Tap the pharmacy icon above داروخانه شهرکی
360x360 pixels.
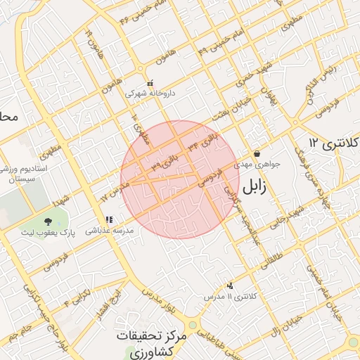coord(150,83)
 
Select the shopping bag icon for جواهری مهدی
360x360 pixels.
coord(257,153)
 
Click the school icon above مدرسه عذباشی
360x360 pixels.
coord(109,219)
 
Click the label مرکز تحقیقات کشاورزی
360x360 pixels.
coord(152,344)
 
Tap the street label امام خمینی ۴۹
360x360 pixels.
coord(219,44)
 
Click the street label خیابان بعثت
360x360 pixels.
coord(213,108)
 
